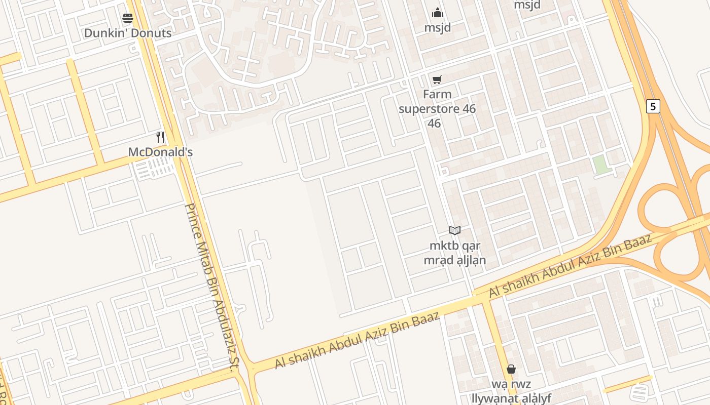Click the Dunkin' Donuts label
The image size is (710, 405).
[128, 33]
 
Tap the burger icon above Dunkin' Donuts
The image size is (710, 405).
[128, 19]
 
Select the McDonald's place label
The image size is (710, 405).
[160, 152]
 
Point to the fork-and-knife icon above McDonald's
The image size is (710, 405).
[160, 137]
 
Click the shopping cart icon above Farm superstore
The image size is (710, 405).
[437, 79]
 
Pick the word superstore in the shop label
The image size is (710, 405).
[437, 109]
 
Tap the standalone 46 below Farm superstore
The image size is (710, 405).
[434, 124]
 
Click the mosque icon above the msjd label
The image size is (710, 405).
[438, 13]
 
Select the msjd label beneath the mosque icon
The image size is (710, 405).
[438, 27]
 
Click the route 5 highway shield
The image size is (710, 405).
[653, 106]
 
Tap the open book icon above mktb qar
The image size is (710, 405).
[455, 231]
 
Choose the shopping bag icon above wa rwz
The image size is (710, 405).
[511, 369]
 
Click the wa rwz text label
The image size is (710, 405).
[511, 384]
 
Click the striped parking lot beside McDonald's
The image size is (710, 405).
[155, 168]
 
